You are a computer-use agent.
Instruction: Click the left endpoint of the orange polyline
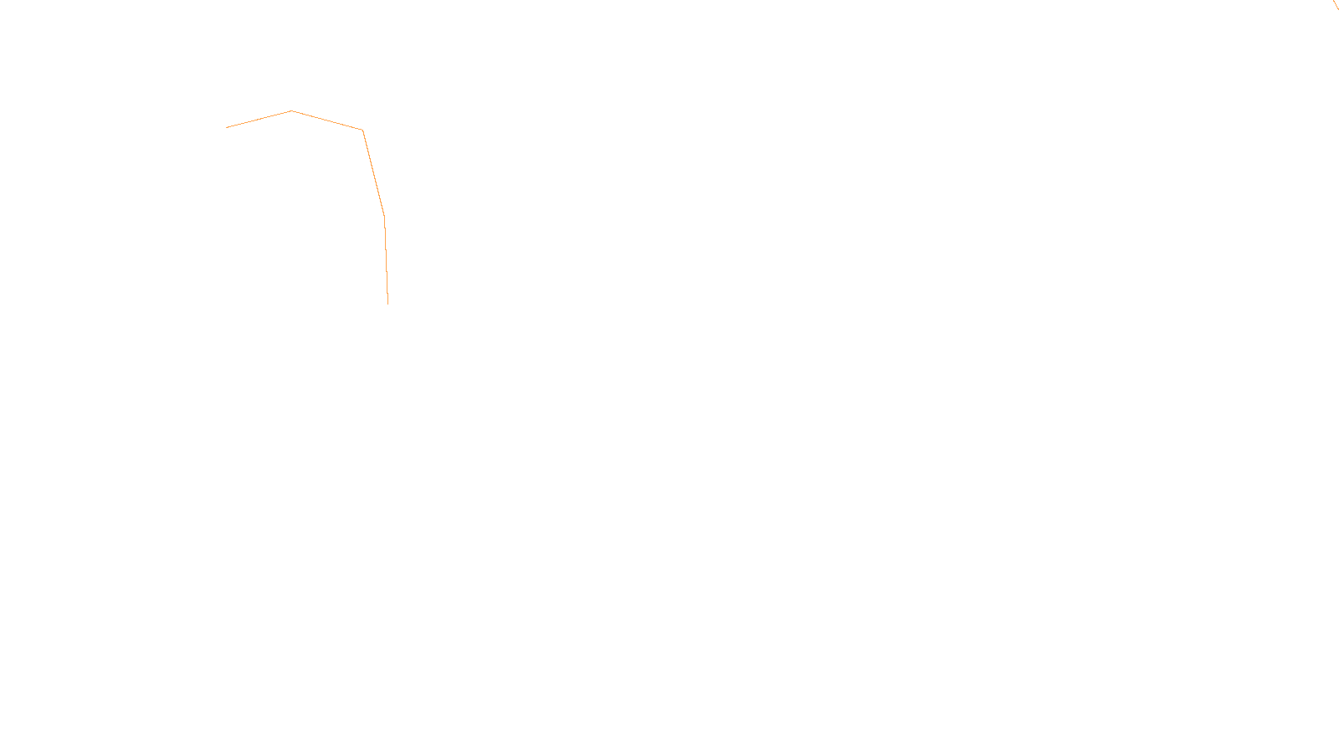(x=227, y=127)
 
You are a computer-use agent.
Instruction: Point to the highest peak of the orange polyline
(x=291, y=110)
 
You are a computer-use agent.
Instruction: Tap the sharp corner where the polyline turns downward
(x=362, y=130)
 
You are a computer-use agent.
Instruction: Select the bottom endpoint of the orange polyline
(x=387, y=303)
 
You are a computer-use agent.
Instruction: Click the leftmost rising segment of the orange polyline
(x=259, y=119)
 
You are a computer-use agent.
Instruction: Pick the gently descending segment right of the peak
(x=326, y=120)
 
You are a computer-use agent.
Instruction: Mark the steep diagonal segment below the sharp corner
(x=373, y=172)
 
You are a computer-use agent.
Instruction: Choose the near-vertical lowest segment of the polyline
(x=386, y=259)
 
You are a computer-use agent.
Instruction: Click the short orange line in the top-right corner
(x=1336, y=5)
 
